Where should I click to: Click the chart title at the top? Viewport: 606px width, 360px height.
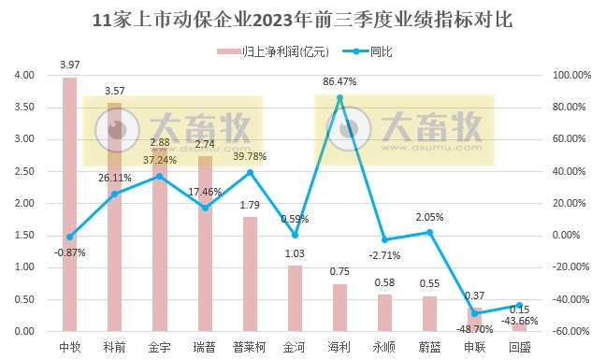click(303, 20)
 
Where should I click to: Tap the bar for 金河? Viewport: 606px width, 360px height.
click(295, 298)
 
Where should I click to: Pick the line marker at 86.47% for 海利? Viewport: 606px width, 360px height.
click(339, 97)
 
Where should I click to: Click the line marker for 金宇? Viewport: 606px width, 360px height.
click(159, 176)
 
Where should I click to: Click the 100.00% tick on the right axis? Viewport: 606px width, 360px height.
click(572, 75)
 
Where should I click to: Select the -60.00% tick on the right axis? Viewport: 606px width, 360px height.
click(572, 331)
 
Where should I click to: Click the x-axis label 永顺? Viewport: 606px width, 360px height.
click(384, 347)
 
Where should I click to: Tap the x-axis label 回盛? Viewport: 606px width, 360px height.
click(520, 347)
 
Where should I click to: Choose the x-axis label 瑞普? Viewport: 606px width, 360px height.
click(205, 347)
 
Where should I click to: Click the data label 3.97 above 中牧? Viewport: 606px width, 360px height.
click(69, 65)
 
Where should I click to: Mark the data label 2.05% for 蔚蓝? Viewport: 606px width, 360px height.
click(429, 217)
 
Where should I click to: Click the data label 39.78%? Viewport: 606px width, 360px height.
click(250, 156)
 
